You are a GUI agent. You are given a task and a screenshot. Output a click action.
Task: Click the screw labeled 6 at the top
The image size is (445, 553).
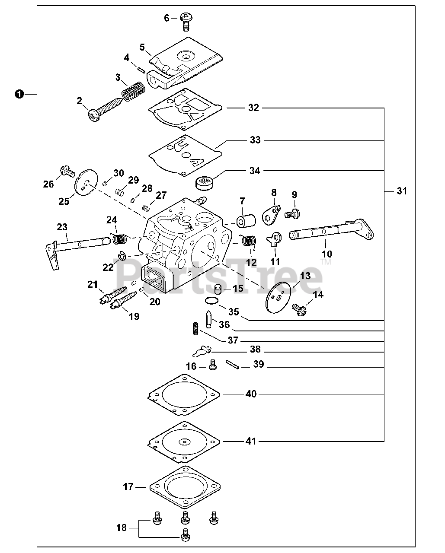click(186, 22)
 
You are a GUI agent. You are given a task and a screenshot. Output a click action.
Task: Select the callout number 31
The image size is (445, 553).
click(402, 191)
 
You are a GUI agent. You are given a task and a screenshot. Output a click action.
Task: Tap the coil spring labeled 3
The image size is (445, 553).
click(133, 91)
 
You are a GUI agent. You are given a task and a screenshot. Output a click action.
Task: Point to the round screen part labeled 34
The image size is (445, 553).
click(205, 183)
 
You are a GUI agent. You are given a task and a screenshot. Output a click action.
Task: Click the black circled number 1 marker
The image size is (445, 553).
click(19, 94)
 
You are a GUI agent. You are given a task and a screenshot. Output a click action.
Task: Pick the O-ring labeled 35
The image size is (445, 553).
click(212, 300)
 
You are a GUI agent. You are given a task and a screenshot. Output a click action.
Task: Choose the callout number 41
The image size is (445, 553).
click(251, 442)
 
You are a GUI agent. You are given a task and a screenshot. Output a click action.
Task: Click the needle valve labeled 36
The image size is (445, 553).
click(208, 319)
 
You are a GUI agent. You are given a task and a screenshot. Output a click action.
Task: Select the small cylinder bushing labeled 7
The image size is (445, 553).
click(246, 221)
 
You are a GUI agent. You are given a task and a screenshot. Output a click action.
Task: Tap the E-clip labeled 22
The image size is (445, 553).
click(122, 256)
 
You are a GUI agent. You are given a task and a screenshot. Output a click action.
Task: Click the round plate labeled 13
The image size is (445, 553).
click(278, 297)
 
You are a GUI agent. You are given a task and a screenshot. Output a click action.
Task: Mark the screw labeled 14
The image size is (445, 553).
click(299, 310)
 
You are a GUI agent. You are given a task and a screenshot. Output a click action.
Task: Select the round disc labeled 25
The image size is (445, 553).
click(86, 182)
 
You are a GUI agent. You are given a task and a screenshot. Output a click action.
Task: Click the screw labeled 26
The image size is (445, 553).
click(67, 171)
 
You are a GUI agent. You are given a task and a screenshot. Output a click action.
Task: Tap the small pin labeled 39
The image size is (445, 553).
click(233, 365)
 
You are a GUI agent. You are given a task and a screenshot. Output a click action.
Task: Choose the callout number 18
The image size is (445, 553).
click(122, 528)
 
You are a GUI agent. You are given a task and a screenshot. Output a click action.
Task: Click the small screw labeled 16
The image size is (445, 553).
click(213, 365)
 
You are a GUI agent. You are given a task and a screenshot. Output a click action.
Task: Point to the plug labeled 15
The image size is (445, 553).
click(218, 289)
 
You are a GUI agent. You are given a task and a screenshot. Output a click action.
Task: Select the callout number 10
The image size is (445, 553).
click(327, 254)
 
